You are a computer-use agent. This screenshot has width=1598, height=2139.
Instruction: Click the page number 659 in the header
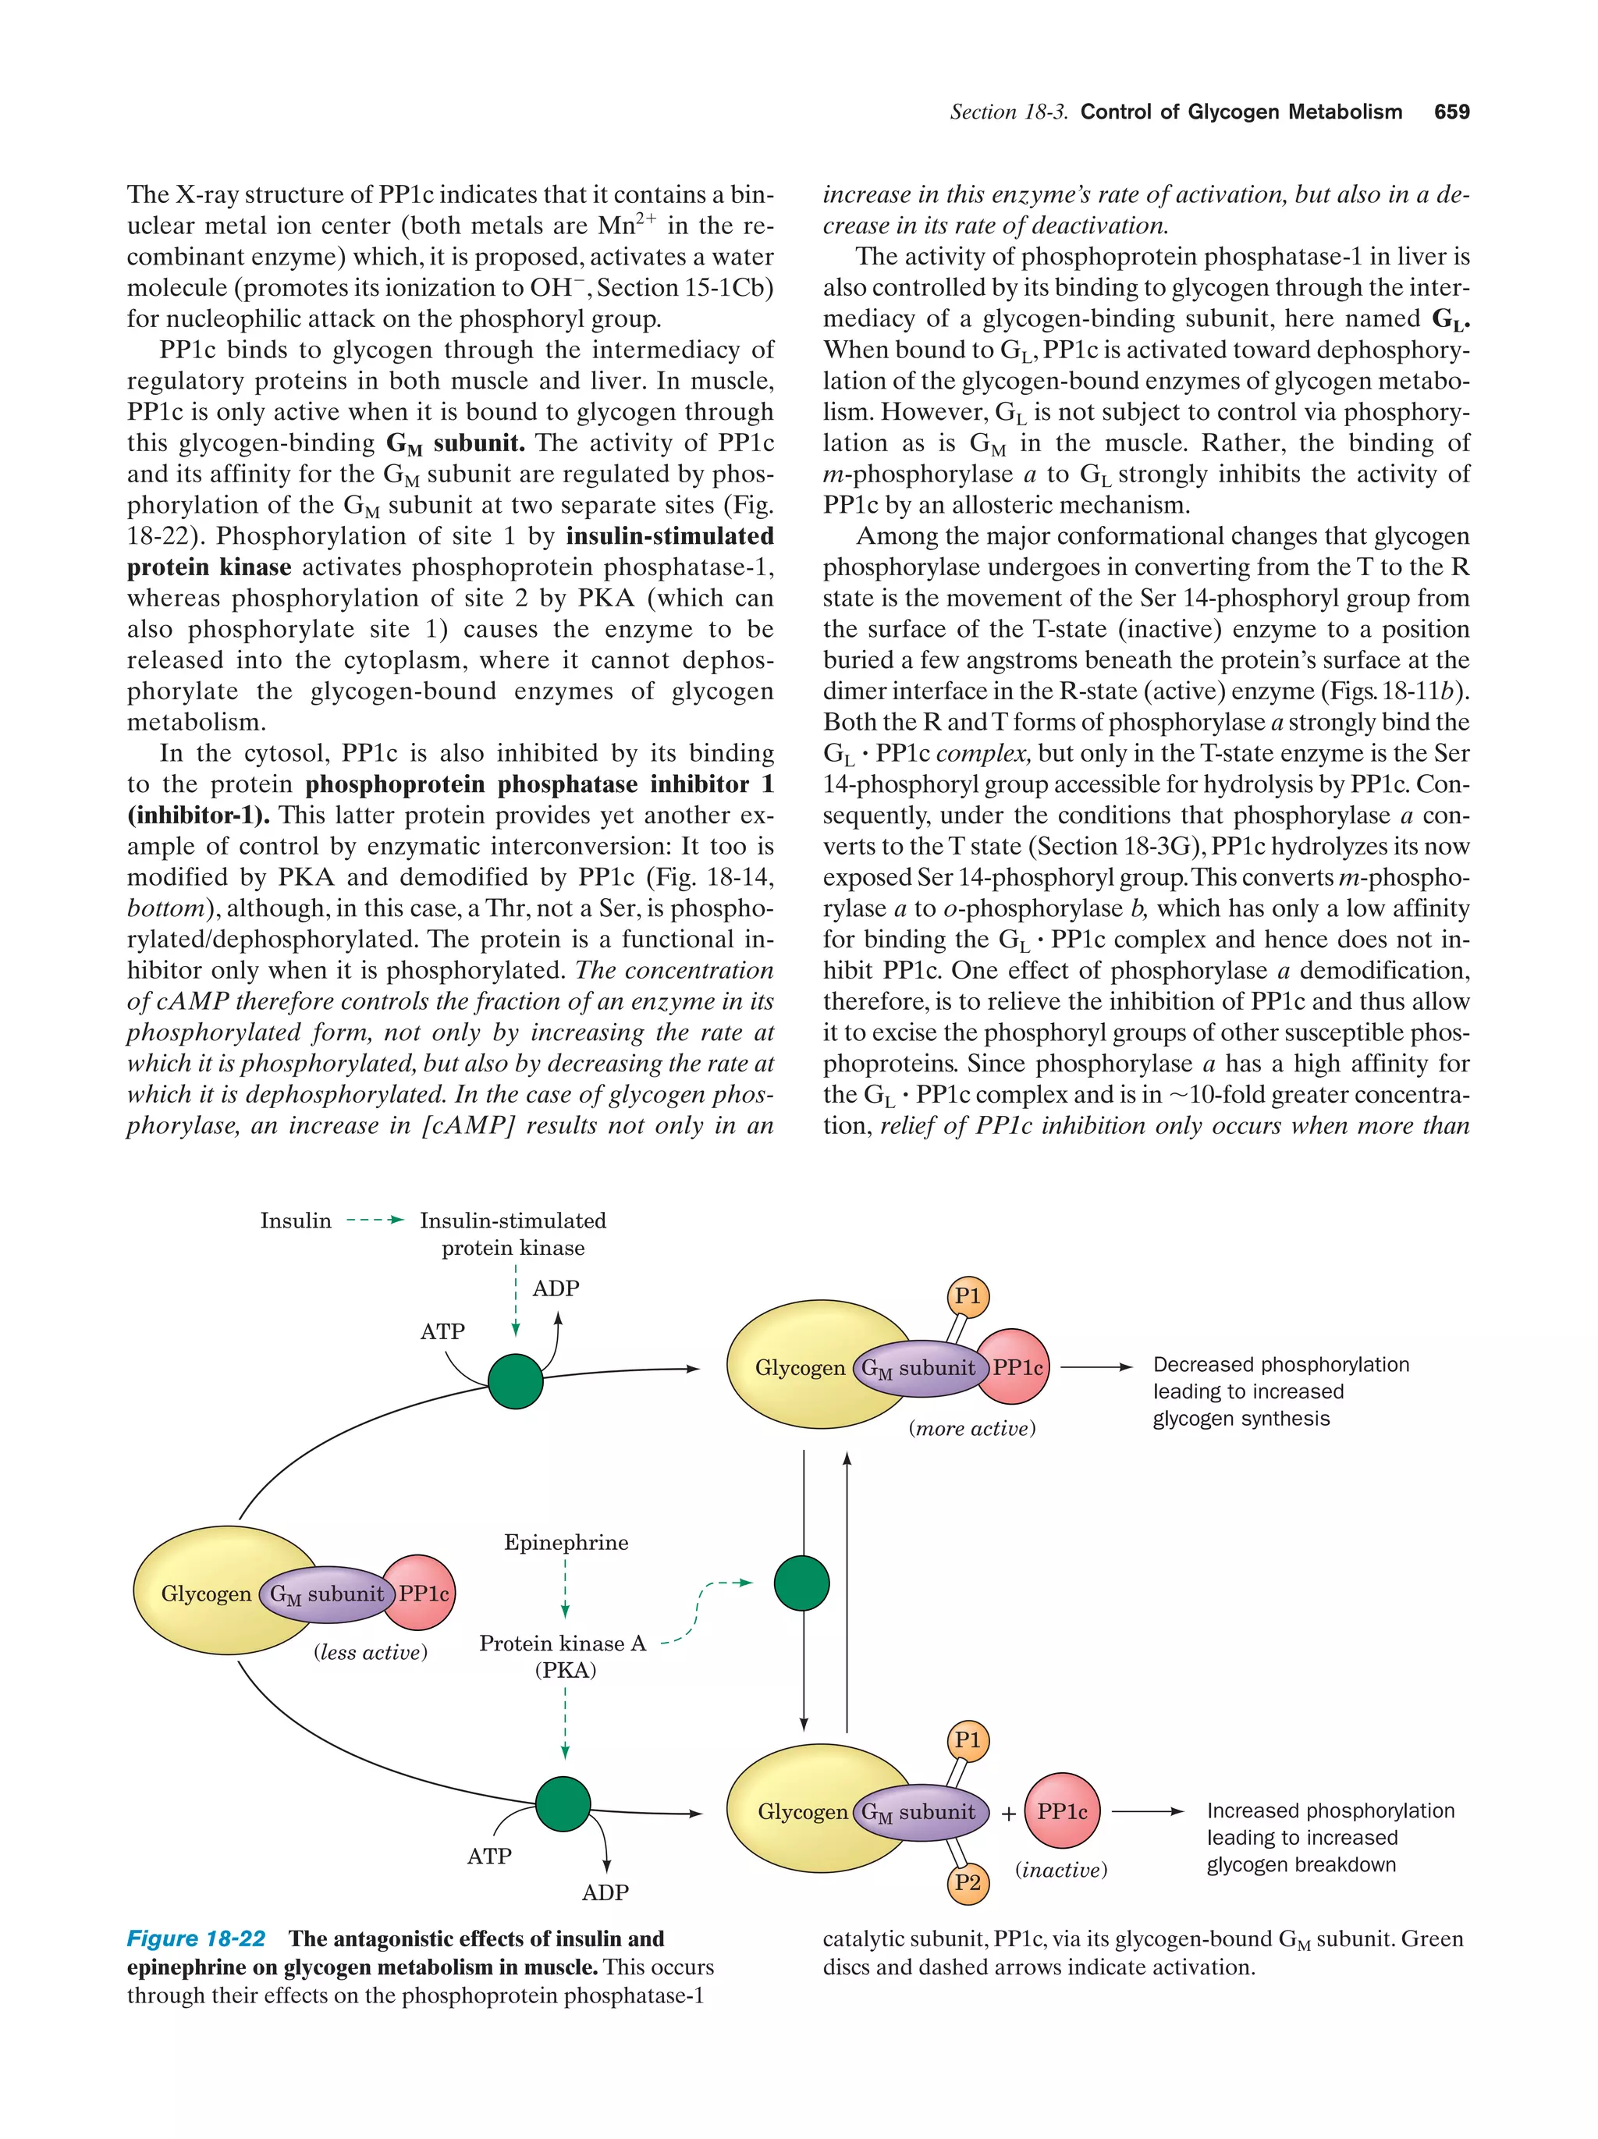[x=1451, y=112]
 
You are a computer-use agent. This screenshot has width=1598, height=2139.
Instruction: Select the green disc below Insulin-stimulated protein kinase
[x=515, y=1382]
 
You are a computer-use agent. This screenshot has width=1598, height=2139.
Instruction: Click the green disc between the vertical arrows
[x=801, y=1583]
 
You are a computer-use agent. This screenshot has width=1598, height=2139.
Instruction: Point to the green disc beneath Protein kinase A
[x=563, y=1803]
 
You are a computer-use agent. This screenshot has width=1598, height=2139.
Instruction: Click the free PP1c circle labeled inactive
[x=1061, y=1811]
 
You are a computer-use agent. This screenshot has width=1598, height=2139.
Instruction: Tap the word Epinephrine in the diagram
[x=566, y=1542]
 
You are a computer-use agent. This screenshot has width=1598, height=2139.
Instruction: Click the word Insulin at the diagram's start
[x=295, y=1221]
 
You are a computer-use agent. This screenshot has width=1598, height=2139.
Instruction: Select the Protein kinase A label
[x=563, y=1644]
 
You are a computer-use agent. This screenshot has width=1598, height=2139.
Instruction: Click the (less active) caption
[x=371, y=1653]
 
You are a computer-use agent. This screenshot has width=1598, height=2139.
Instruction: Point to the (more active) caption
[x=971, y=1428]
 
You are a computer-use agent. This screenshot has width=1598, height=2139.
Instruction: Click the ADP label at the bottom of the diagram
[x=605, y=1892]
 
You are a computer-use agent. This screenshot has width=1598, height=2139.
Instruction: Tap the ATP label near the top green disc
[x=442, y=1331]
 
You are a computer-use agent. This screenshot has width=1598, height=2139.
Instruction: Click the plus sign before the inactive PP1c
[x=1008, y=1814]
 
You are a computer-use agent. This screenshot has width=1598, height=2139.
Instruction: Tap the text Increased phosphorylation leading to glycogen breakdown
[x=1330, y=1837]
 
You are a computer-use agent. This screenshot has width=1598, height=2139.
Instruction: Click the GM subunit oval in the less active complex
[x=327, y=1594]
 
